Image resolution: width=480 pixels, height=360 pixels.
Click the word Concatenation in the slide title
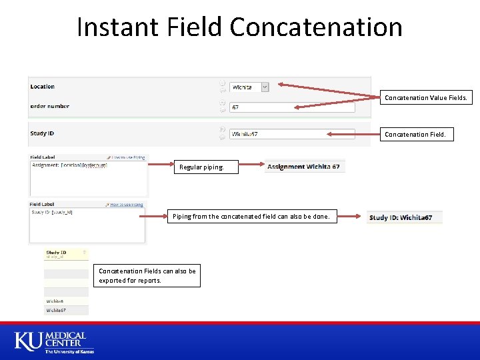tap(316, 27)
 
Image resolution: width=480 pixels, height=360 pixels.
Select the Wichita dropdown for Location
tap(249, 87)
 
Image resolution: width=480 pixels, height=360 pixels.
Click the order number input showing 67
tap(291, 107)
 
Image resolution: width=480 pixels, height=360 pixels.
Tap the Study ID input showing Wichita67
tap(291, 134)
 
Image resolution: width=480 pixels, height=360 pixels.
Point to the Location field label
tap(43, 87)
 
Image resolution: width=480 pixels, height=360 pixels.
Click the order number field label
tap(49, 106)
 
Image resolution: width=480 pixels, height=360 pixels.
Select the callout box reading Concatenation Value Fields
tap(426, 98)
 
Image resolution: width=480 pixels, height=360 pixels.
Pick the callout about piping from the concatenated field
tap(251, 217)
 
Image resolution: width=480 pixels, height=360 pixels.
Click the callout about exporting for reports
tap(147, 276)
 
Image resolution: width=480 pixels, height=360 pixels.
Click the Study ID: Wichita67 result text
tap(401, 217)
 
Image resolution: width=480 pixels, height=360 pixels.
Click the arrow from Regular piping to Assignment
tap(251, 165)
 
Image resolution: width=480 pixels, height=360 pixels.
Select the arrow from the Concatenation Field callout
tap(353, 134)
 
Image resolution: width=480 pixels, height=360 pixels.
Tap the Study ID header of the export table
tap(56, 253)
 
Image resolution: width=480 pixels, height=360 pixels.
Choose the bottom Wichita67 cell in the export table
tap(56, 310)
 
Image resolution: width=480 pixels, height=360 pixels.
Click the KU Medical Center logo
tap(51, 341)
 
